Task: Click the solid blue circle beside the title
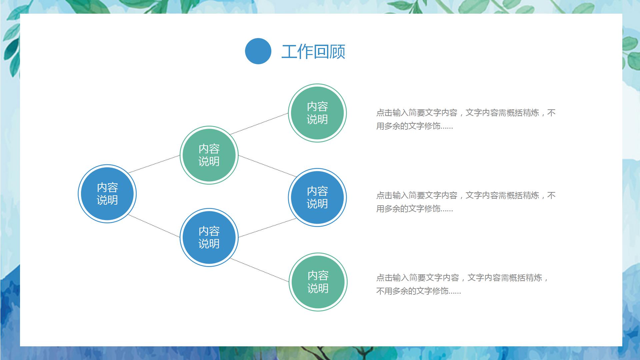tap(258, 51)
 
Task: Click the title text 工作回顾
tap(313, 52)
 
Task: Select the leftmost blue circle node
tap(107, 194)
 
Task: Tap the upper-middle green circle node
tap(209, 155)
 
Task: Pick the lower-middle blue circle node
tap(209, 237)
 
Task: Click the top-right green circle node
tap(317, 113)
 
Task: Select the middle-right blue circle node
tap(317, 197)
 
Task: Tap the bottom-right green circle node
tap(318, 282)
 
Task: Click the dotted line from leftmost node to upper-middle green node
tap(154, 164)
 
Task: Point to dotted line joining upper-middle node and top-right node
tap(259, 124)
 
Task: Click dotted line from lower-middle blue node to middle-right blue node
tap(268, 228)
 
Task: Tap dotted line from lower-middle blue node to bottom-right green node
tap(259, 270)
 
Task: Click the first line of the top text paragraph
tap(465, 113)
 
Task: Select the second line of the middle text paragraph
tap(414, 209)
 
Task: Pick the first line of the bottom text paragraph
tap(462, 278)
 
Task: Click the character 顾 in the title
tap(337, 52)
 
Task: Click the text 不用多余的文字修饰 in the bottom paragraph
tap(412, 291)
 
